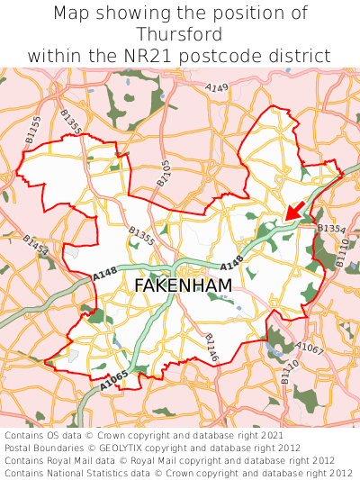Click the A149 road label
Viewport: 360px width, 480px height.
coord(216,87)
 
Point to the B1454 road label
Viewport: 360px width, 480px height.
coord(35,246)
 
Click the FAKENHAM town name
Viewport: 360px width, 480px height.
coord(183,285)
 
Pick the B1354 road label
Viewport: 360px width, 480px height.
coord(331,230)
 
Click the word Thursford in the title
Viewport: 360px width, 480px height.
coord(180,34)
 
